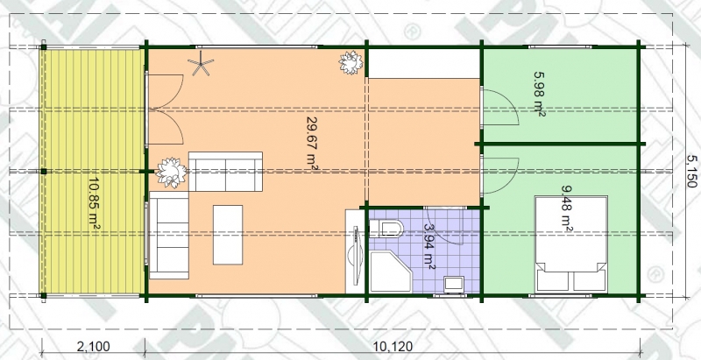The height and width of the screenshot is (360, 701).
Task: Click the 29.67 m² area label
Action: [312, 142]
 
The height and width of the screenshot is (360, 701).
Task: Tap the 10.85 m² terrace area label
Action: [94, 204]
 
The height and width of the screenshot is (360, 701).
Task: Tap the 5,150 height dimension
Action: [691, 171]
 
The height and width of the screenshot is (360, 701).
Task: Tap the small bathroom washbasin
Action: [454, 284]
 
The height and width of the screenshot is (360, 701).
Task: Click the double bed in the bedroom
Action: [571, 244]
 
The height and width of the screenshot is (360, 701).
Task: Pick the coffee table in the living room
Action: [228, 235]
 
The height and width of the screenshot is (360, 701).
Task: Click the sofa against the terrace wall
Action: [168, 236]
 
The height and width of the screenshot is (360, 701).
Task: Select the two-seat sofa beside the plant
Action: [225, 172]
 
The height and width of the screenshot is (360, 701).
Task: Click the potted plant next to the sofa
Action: [171, 173]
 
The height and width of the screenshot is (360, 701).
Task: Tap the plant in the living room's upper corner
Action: [350, 62]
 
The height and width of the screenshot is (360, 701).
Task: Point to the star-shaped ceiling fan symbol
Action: [201, 63]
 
